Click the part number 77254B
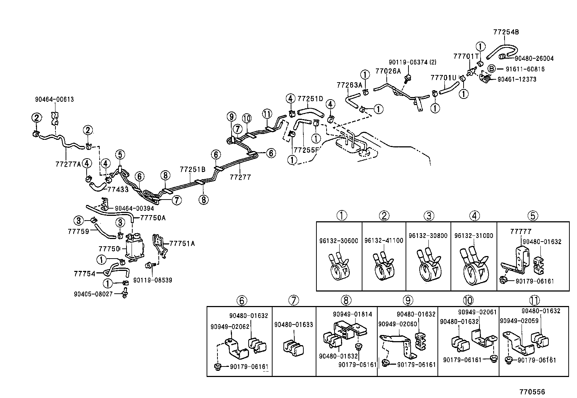coord(506,32)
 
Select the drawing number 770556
coord(532,392)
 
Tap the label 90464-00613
coord(54,99)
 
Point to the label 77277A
coord(68,164)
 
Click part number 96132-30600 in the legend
coord(339,241)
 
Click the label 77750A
coord(153,218)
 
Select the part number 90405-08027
coord(93,294)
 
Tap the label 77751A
coord(182,243)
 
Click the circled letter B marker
coord(491,69)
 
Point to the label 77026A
coord(388,71)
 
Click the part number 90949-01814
coord(352,314)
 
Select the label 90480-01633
coord(294,325)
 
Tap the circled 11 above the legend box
coord(534,300)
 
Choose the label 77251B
coord(192,169)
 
